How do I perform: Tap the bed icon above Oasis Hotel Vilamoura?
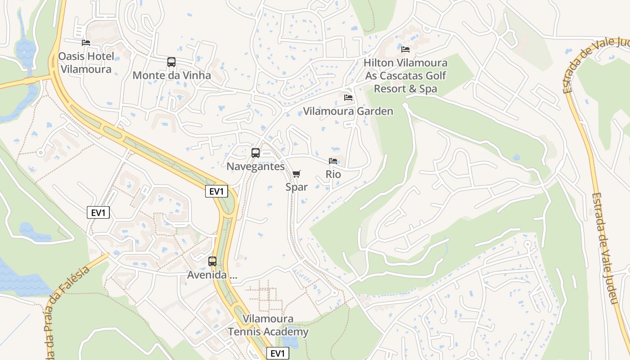[x=86, y=43]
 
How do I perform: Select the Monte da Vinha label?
[x=171, y=75]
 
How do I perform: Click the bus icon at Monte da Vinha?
[x=171, y=62]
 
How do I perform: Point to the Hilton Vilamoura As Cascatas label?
[x=405, y=76]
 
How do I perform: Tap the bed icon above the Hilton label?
[x=405, y=49]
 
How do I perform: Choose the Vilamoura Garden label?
[x=348, y=111]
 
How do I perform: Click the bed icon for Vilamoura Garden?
[x=348, y=98]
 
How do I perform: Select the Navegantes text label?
[x=256, y=166]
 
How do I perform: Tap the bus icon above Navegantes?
[x=256, y=153]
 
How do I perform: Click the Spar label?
[x=297, y=187]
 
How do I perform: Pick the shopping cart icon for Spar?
[x=297, y=174]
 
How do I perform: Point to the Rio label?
[x=333, y=174]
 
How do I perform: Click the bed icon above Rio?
[x=333, y=161]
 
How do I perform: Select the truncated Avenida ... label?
[x=212, y=274]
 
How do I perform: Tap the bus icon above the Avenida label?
[x=212, y=261]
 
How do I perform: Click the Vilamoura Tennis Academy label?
[x=268, y=326]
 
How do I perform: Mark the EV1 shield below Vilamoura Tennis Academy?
[x=278, y=354]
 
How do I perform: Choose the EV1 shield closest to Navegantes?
[x=216, y=191]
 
